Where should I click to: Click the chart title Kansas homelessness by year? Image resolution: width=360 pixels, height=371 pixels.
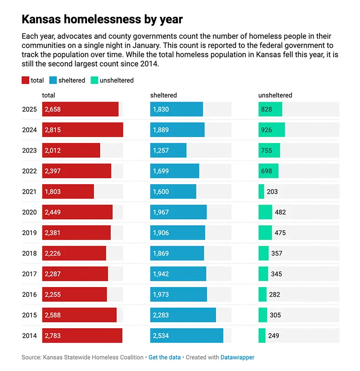pyautogui.click(x=102, y=20)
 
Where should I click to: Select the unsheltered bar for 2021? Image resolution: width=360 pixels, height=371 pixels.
pyautogui.click(x=261, y=192)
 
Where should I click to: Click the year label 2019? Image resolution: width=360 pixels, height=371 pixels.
pyautogui.click(x=29, y=233)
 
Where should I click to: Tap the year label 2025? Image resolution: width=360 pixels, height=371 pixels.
pyautogui.click(x=29, y=109)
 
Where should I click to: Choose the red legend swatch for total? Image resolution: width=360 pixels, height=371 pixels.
pyautogui.click(x=25, y=81)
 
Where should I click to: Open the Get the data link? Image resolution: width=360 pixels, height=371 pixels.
pyautogui.click(x=165, y=357)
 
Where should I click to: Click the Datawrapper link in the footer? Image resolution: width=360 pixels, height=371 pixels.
pyautogui.click(x=237, y=357)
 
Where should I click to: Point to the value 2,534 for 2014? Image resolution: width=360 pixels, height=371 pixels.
pyautogui.click(x=161, y=336)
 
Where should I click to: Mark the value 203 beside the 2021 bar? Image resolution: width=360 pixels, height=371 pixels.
pyautogui.click(x=272, y=192)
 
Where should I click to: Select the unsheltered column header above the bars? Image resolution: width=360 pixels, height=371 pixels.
pyautogui.click(x=275, y=95)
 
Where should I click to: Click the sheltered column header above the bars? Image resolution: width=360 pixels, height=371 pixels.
pyautogui.click(x=164, y=95)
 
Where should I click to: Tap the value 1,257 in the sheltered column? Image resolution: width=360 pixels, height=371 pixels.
pyautogui.click(x=161, y=150)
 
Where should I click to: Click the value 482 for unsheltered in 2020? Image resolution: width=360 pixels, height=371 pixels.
pyautogui.click(x=280, y=212)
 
